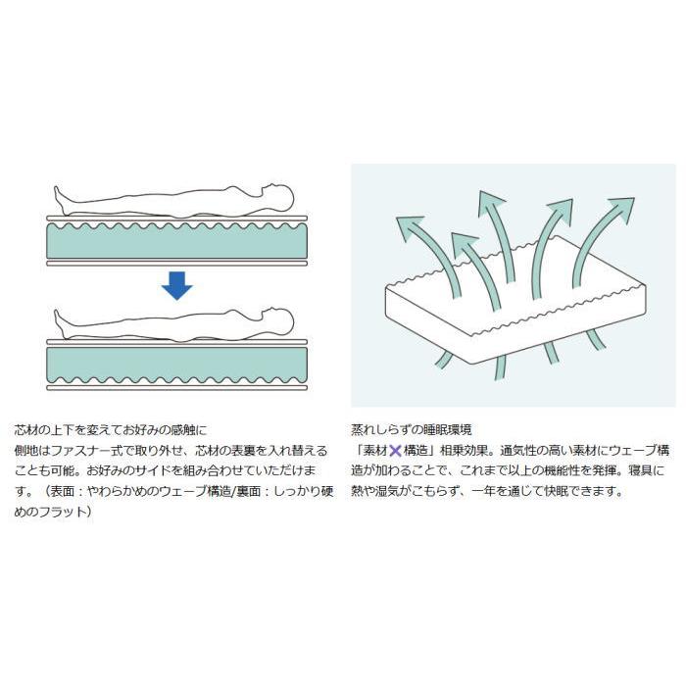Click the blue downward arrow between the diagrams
(x=176, y=286)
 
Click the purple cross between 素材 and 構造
(x=395, y=451)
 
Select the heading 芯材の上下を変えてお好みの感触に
(x=111, y=430)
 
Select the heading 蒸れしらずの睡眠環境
(x=412, y=430)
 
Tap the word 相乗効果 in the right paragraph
(x=464, y=451)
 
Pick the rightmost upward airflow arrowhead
(x=620, y=209)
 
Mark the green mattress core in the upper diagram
(x=176, y=241)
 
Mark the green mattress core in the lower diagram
(x=176, y=365)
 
